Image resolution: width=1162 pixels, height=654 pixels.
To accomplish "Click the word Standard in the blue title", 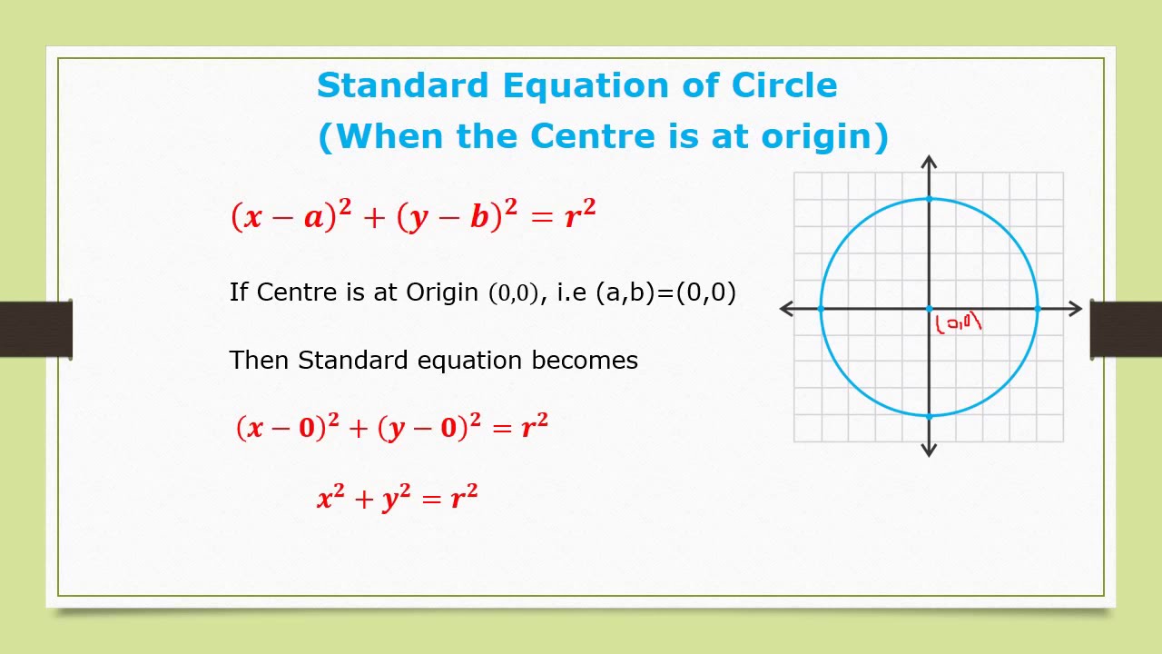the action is pos(403,85).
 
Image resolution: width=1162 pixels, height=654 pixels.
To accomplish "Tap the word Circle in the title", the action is pos(784,85).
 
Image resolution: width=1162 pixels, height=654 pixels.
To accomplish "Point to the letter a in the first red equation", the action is pos(314,217).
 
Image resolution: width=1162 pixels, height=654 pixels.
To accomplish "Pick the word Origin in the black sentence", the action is pos(442,293).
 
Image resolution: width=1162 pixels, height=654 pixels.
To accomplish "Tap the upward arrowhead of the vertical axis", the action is pos(929,162).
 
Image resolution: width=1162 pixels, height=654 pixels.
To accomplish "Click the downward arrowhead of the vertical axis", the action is pos(929,451).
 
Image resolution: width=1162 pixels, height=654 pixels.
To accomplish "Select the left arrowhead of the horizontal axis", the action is pos(786,309).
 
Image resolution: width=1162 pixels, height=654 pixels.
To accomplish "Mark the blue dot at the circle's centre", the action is pos(929,309).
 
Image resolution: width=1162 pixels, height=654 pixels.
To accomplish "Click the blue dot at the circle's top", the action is pos(929,199).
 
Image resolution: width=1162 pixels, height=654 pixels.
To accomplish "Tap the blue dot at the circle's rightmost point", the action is pos(1038,309).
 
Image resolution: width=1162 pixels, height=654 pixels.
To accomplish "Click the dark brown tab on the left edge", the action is pos(35,329).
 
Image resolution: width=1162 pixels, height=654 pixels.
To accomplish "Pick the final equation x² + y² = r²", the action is pos(398,497).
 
